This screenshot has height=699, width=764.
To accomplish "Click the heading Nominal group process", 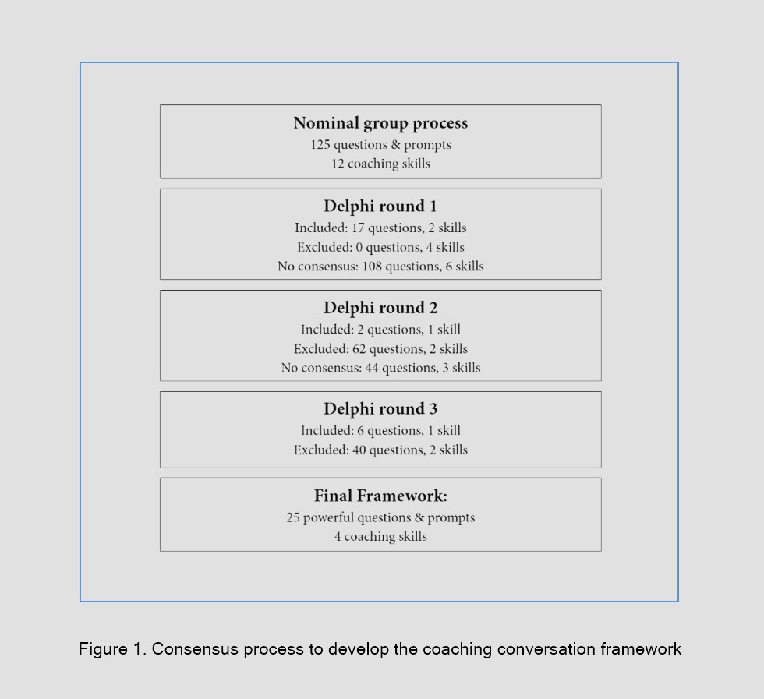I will pos(380,123).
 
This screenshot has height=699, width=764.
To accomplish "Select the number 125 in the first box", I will pos(320,145).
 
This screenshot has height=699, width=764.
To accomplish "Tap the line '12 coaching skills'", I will pos(380,164).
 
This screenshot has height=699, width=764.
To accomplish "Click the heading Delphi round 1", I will pos(380,207).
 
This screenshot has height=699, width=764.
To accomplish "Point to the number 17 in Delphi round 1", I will pos(359,228).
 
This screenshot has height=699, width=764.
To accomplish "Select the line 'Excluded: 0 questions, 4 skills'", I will pos(380,247).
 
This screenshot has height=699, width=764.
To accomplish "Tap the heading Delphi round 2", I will pos(380,308).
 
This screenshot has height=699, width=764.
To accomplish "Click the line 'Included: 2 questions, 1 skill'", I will pos(380,330).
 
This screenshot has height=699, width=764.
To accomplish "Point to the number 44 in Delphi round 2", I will pos(373,368).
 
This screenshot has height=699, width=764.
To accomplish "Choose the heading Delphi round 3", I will pos(380,409).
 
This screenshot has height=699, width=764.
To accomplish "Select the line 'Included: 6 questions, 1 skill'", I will pos(380,430).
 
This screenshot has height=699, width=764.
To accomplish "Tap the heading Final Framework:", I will pos(380,496).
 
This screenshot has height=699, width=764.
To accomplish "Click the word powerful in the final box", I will pos(327,517).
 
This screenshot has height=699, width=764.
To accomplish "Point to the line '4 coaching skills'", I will pos(380,536).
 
